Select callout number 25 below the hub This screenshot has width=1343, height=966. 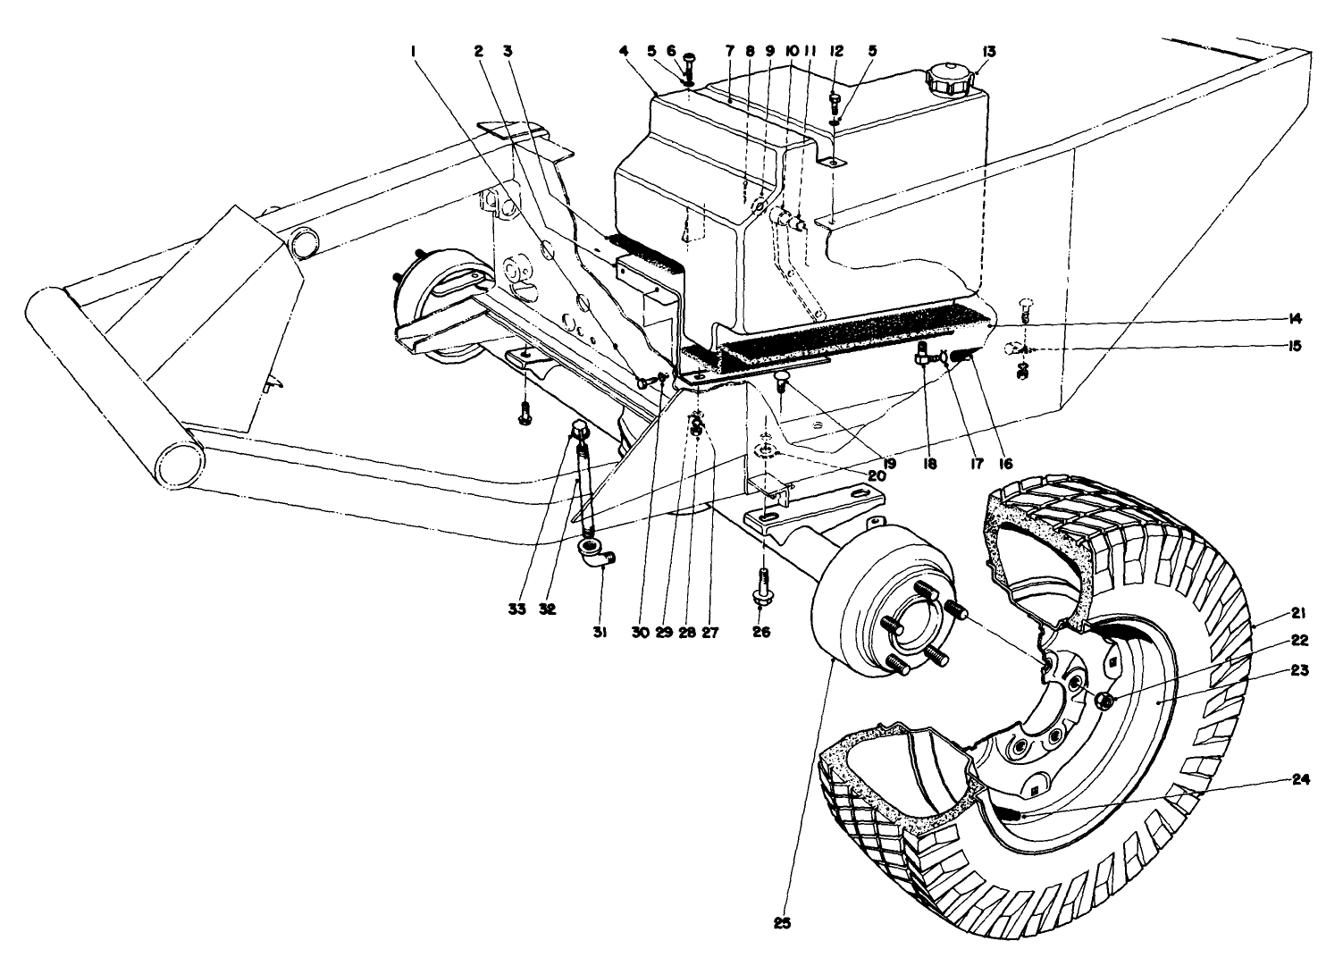tap(783, 923)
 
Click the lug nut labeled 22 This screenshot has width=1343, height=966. tap(1103, 701)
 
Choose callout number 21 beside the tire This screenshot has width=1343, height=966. tap(1299, 613)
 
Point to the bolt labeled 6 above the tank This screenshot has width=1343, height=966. tap(690, 64)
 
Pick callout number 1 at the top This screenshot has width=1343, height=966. tap(414, 52)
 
